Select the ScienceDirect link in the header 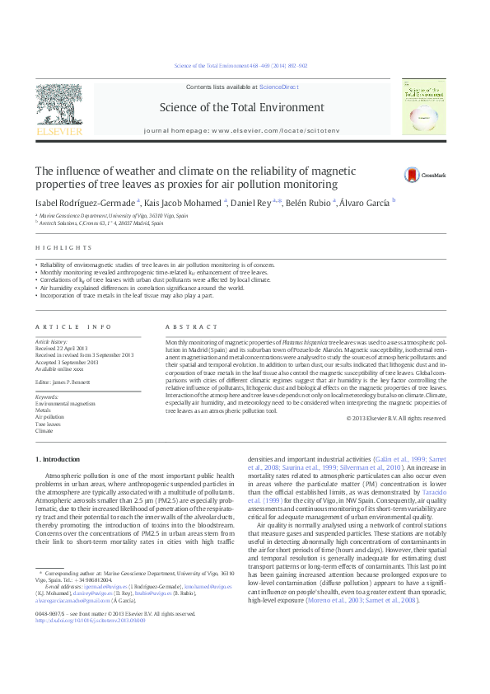point(279,87)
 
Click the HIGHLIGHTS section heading point(63,246)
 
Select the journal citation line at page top point(245,65)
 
